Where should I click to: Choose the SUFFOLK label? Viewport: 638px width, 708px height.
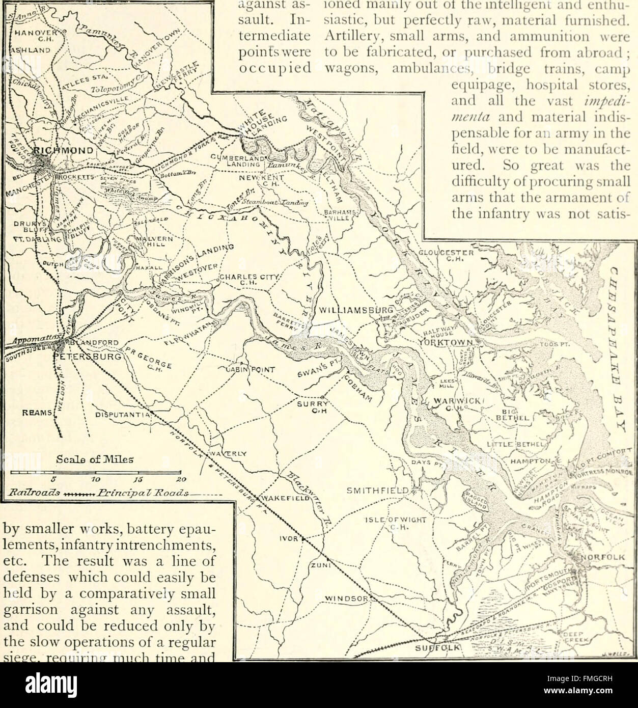coord(438,648)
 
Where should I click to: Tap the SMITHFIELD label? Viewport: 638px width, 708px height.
coord(377,491)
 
